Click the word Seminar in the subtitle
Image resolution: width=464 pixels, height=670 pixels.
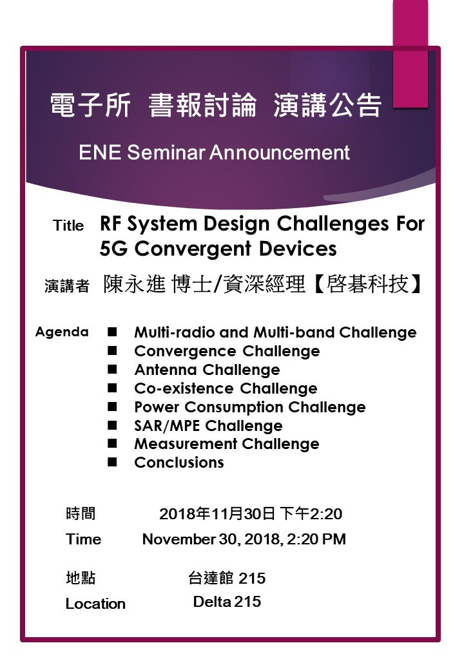(x=166, y=153)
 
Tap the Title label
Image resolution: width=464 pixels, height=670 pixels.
(x=68, y=225)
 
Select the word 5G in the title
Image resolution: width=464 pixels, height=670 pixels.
(x=113, y=249)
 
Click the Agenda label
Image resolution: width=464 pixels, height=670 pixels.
(x=62, y=332)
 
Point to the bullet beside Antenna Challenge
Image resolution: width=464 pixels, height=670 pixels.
(x=112, y=369)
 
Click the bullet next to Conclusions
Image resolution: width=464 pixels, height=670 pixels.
(x=112, y=462)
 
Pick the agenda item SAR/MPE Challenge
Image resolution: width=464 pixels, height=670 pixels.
(x=209, y=426)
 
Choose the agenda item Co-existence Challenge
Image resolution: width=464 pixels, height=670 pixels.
(x=226, y=388)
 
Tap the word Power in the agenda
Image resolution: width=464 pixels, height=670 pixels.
(x=157, y=407)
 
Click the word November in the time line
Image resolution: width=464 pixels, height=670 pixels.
(x=179, y=539)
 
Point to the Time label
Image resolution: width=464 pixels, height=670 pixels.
(x=83, y=539)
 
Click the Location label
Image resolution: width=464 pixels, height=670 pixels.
(x=96, y=604)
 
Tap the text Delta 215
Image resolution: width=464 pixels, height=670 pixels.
(x=227, y=602)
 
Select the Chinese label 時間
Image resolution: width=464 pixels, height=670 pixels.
(x=81, y=513)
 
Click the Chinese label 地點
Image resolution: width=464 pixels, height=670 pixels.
(x=81, y=578)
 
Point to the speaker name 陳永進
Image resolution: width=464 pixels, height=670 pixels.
(x=134, y=283)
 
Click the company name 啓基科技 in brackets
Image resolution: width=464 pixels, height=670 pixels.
(x=367, y=283)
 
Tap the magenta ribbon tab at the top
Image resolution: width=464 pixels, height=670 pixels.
(x=410, y=53)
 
